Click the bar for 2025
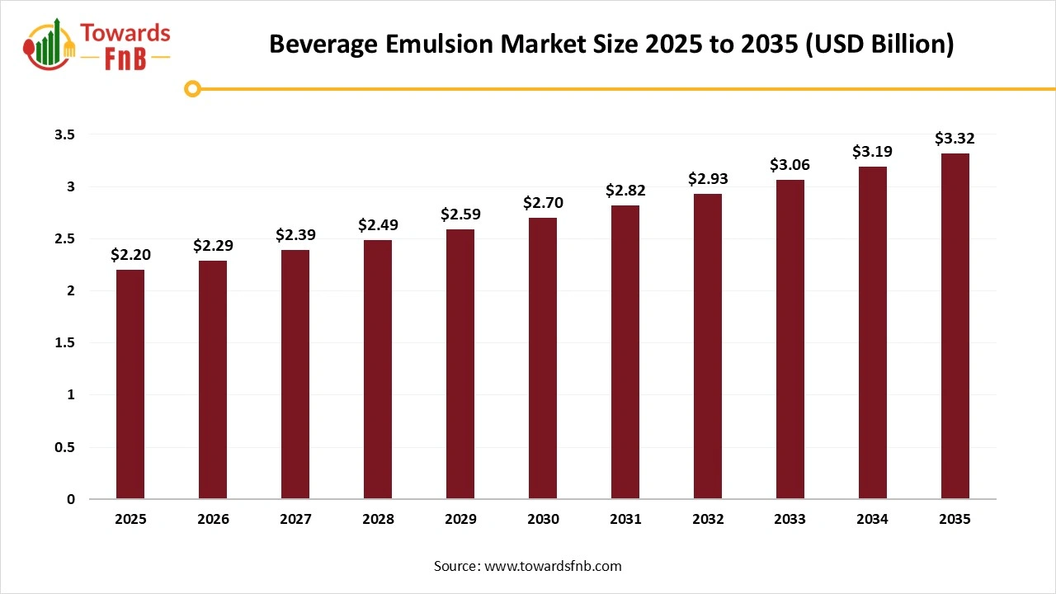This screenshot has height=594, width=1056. [130, 384]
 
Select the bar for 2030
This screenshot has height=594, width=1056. [543, 358]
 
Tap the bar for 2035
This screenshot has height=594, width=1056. [955, 326]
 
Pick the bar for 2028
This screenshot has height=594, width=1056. [378, 369]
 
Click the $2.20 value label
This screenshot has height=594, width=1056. [130, 255]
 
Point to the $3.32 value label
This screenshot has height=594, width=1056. [955, 139]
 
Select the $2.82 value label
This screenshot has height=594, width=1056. [625, 191]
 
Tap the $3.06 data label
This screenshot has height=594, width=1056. [790, 165]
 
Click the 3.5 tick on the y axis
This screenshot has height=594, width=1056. [64, 134]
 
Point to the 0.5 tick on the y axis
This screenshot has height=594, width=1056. [64, 447]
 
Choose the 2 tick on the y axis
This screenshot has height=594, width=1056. [71, 290]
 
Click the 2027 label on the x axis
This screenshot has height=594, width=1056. [295, 519]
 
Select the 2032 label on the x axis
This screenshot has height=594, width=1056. [708, 519]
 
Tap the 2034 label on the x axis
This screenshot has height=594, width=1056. [873, 519]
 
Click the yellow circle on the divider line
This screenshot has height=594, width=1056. [193, 88]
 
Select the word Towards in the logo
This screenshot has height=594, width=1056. [125, 33]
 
